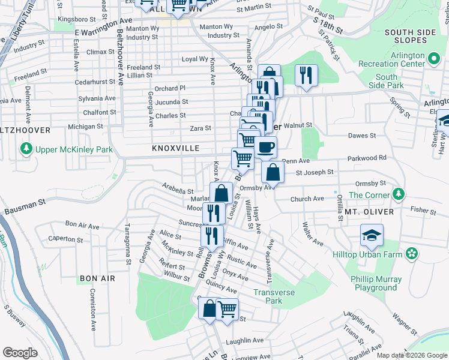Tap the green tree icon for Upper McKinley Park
[x=26, y=148]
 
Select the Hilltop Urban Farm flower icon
[x=412, y=254]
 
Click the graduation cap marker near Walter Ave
[x=372, y=236]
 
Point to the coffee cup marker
[x=265, y=147]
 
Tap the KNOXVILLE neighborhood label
[x=175, y=148]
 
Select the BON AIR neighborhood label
[x=96, y=279]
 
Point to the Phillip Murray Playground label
[x=375, y=283]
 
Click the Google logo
[x=20, y=353]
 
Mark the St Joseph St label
[x=314, y=172]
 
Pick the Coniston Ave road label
[x=93, y=308]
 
